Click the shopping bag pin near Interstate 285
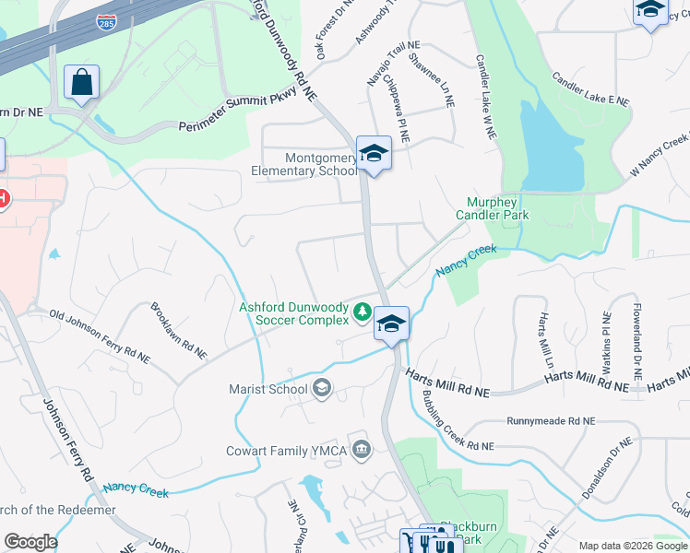pos(81,82)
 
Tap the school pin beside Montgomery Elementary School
pos(374,154)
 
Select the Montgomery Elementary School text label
pos(308,164)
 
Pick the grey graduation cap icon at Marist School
pos(321,388)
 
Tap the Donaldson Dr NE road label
pos(607,469)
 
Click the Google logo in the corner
pos(30,542)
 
